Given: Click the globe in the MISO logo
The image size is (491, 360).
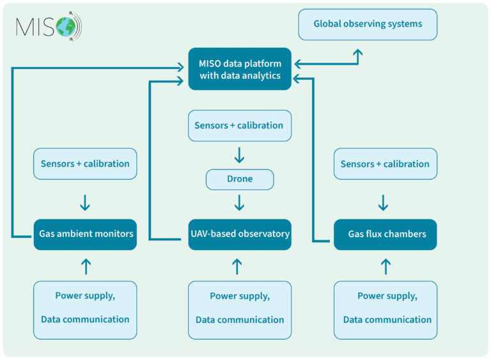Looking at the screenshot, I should point(65,26).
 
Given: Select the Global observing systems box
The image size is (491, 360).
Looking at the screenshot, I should point(368,24).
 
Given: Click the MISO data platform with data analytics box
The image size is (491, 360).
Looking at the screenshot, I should point(240,69).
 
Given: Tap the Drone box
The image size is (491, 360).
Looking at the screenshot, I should point(240,179).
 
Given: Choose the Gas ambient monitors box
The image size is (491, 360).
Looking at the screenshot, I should point(86,234).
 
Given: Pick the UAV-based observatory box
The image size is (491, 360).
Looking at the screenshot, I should point(240,234).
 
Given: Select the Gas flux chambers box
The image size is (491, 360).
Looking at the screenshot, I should point(386,234).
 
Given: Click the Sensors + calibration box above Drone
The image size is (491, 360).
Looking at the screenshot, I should point(240,125).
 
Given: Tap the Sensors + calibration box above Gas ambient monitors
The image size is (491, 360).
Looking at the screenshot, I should point(86,164).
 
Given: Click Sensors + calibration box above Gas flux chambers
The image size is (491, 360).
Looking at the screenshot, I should point(386,164).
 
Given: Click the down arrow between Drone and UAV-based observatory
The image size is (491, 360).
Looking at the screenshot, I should point(240,203).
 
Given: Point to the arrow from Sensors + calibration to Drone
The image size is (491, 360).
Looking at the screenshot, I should point(240,155).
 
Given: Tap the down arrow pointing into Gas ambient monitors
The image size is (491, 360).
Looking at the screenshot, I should point(86,203).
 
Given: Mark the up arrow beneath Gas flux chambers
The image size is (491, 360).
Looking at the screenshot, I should point(386,266).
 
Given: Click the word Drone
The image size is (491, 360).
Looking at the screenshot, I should point(240,179).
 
